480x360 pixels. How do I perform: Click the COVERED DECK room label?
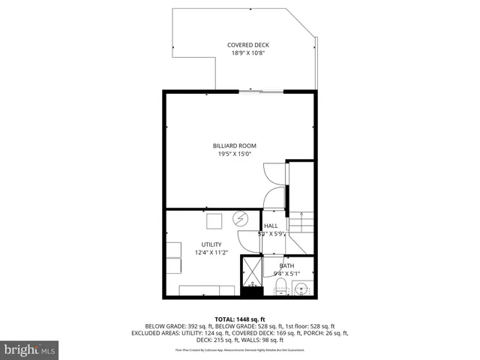click(x=248, y=45)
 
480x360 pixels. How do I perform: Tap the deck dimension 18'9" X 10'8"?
click(x=248, y=54)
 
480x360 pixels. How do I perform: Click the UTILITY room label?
click(x=211, y=244)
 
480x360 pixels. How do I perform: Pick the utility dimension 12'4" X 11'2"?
click(x=211, y=253)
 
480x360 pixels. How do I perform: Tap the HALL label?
click(x=271, y=225)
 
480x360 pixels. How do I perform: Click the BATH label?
click(x=287, y=265)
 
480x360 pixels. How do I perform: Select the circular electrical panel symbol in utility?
click(x=241, y=219)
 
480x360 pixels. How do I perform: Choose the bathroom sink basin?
click(x=304, y=288)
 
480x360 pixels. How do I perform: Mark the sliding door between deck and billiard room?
click(x=262, y=91)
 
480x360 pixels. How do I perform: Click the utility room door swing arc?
click(x=247, y=241)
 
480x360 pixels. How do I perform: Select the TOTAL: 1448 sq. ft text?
click(x=239, y=318)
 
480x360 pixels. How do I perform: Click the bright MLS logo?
click(x=30, y=349)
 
